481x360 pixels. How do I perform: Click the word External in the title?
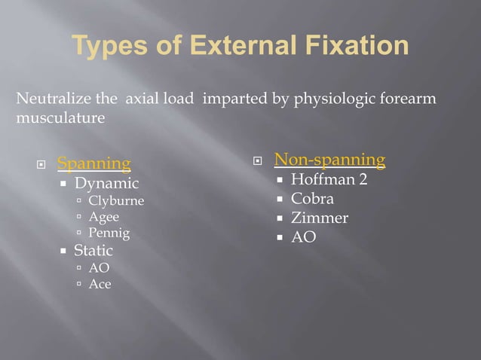pyautogui.click(x=231, y=46)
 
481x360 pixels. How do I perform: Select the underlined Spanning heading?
pyautogui.click(x=94, y=163)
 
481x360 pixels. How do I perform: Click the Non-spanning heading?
pyautogui.click(x=329, y=160)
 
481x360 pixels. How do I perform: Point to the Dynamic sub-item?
pyautogui.click(x=106, y=183)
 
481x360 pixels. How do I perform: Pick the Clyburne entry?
pyautogui.click(x=116, y=201)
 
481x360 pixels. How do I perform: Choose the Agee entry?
pyautogui.click(x=104, y=217)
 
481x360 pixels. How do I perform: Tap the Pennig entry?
pyautogui.click(x=109, y=233)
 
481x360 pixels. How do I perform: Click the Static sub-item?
pyautogui.click(x=93, y=250)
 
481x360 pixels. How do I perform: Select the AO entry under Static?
pyautogui.click(x=99, y=267)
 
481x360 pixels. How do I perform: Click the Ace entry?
pyautogui.click(x=100, y=284)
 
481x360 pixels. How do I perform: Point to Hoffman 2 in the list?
pyautogui.click(x=329, y=180)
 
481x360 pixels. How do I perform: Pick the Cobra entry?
pyautogui.click(x=312, y=199)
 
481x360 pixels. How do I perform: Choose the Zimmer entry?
pyautogui.click(x=320, y=218)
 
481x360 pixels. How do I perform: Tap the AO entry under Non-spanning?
pyautogui.click(x=303, y=237)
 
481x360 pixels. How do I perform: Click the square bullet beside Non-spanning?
pyautogui.click(x=257, y=160)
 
